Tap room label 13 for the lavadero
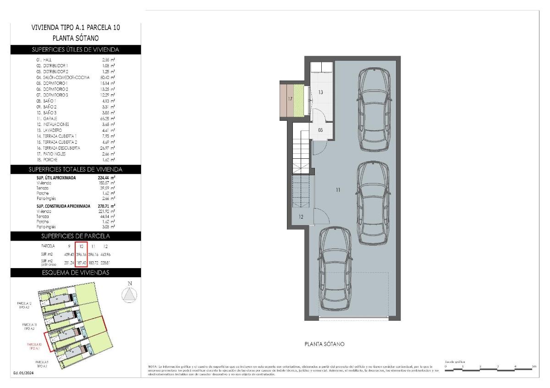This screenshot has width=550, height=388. pyautogui.click(x=321, y=92)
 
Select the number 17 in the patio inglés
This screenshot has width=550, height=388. pyautogui.click(x=290, y=99)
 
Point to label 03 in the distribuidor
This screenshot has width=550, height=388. pyautogui.click(x=320, y=130)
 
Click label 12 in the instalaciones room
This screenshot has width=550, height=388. pyautogui.click(x=301, y=217)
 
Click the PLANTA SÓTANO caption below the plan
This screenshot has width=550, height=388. pyautogui.click(x=324, y=344)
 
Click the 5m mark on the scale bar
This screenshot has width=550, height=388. pyautogui.click(x=533, y=367)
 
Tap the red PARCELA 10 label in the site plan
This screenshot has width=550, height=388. pyautogui.click(x=34, y=346)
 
